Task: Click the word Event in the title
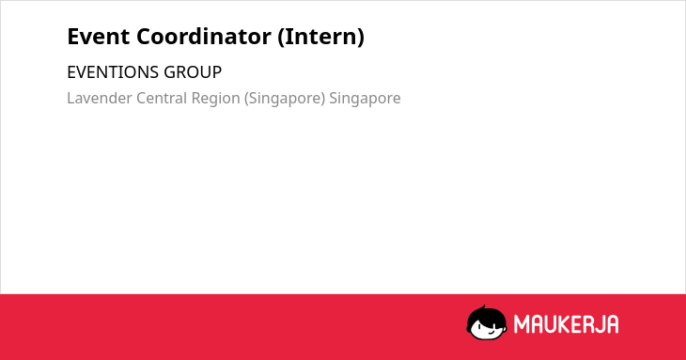99,37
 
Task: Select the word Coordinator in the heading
204,37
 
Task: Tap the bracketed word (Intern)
320,37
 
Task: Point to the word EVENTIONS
113,72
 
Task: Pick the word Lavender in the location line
100,98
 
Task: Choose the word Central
162,98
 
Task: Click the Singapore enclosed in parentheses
285,99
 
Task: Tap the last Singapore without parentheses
365,99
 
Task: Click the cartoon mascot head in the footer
487,323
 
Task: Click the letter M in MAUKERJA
522,324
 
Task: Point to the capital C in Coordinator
144,37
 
